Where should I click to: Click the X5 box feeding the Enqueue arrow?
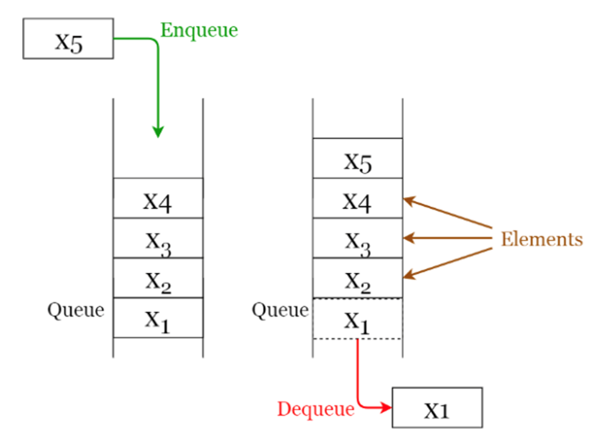point(68,38)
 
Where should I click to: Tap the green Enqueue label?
point(199,30)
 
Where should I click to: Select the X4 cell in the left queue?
point(158,198)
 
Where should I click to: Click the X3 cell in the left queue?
point(158,238)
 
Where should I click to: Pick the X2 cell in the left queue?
point(158,278)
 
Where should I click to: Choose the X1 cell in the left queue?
point(158,317)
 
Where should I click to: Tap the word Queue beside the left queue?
point(76,310)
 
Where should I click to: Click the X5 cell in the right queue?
point(358,159)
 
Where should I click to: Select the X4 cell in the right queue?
point(358,198)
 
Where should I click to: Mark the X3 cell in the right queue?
point(358,238)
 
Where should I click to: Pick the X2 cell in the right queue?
point(358,278)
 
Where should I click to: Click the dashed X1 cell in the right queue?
point(358,319)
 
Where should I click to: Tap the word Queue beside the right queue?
point(280,310)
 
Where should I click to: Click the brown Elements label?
point(542,239)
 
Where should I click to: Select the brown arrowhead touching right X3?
point(407,238)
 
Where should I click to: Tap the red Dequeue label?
point(316,409)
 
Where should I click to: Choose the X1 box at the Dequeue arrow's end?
point(437,408)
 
